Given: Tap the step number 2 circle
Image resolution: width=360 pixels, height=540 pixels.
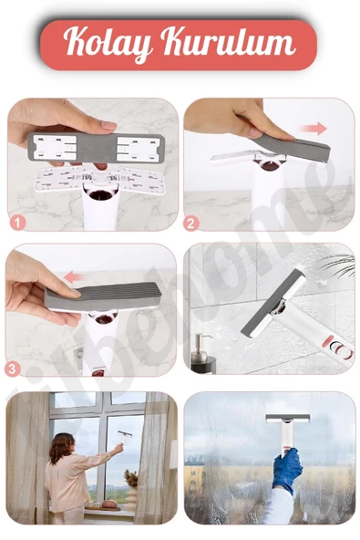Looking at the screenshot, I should click(191, 222).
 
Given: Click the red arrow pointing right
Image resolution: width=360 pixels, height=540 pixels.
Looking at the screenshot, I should click(314, 129).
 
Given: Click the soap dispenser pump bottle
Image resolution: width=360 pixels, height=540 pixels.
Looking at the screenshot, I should click(200, 351).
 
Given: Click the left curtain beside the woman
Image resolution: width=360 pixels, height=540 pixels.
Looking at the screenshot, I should click(27, 456).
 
